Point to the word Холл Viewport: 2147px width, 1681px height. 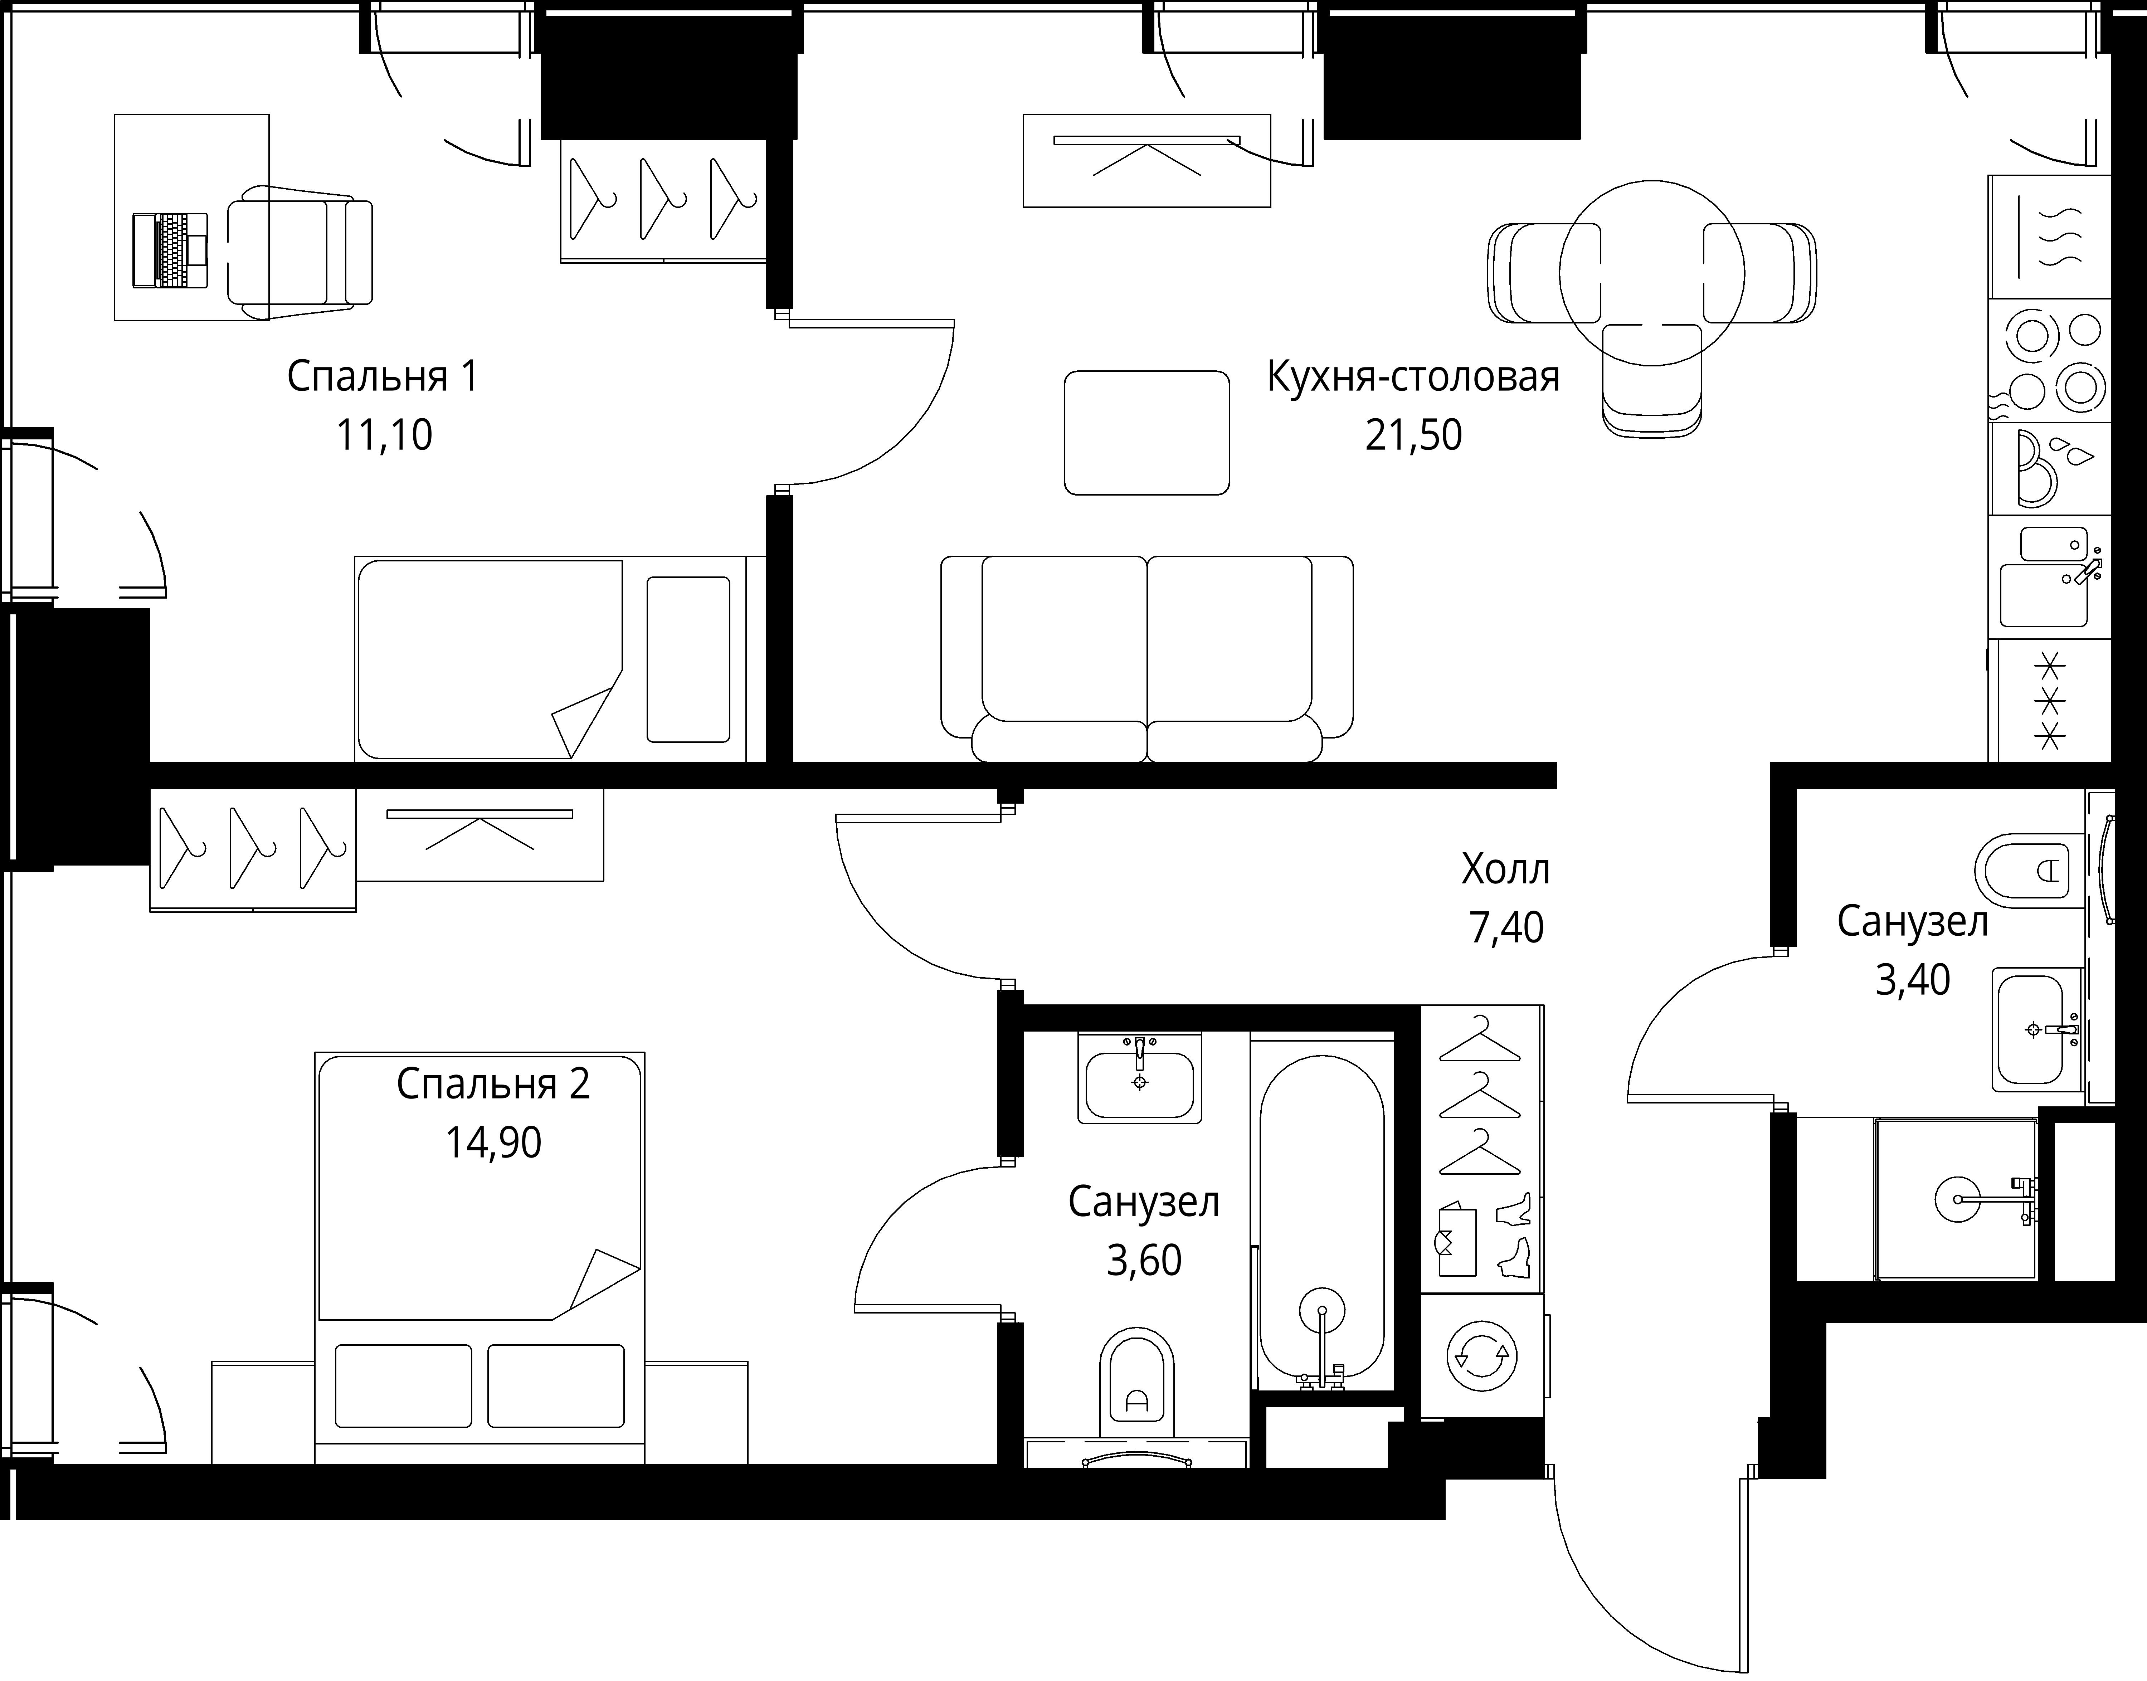click(1506, 869)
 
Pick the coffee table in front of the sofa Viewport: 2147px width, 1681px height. click(1147, 432)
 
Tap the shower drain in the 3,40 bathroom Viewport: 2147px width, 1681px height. click(1956, 1199)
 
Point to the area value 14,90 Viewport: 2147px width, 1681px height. click(493, 1142)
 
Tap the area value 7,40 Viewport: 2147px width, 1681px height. click(1506, 928)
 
